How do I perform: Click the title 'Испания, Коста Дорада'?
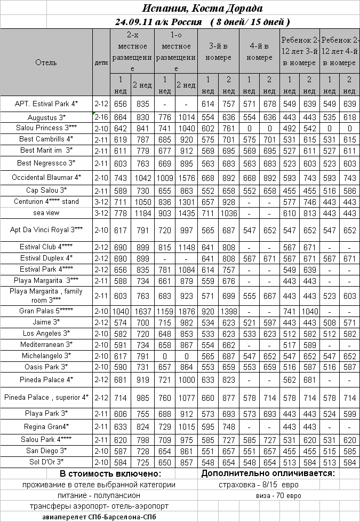coord(202,8)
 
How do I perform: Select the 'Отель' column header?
coord(46,62)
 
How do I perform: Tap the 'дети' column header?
coord(101,62)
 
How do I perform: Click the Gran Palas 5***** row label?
coord(46,311)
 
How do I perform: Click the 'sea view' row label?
coord(46,212)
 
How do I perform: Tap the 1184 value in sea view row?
coord(142,212)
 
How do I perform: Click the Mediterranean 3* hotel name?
coord(46,344)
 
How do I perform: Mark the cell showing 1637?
coord(142,311)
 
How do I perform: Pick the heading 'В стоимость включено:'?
coord(110,474)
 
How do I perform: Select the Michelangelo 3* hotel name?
coord(46,355)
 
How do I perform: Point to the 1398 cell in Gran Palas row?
coord(229,311)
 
